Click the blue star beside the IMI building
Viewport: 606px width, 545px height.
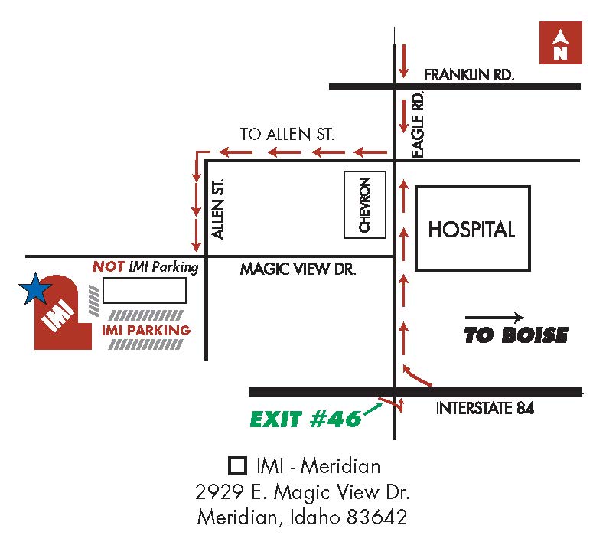point(35,289)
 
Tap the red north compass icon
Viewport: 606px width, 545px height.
point(560,44)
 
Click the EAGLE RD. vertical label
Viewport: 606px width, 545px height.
point(417,126)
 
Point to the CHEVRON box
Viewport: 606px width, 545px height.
point(365,204)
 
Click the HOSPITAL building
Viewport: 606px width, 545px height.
point(472,228)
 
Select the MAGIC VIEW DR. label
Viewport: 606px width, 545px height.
point(298,269)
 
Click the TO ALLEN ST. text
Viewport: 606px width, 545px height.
point(287,134)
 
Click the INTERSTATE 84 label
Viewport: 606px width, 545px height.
point(484,409)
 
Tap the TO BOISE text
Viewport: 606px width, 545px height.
point(516,335)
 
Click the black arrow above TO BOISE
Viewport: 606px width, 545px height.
point(494,317)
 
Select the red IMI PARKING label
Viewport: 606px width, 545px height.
point(145,331)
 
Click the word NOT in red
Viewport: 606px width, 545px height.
point(108,267)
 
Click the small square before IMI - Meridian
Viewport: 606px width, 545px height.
point(238,465)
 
